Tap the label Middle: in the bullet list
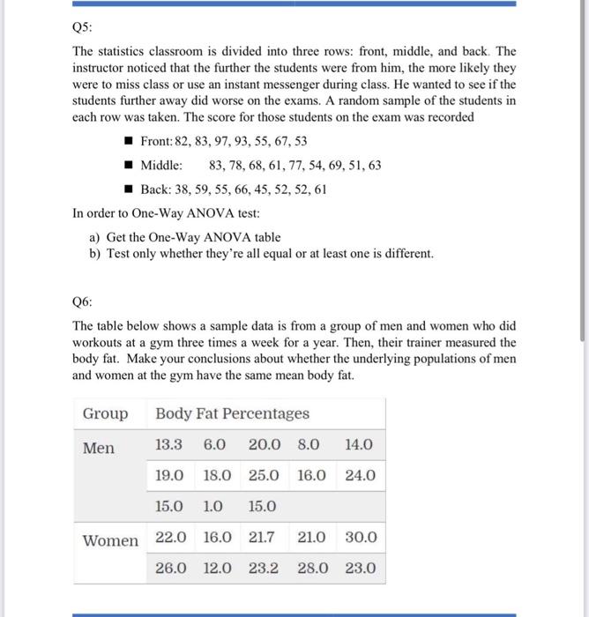(x=162, y=165)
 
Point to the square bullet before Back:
(x=128, y=190)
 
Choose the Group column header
(x=105, y=413)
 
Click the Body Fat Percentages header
(x=232, y=413)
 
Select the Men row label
(x=99, y=448)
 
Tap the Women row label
(x=110, y=539)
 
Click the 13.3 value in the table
(x=169, y=445)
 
